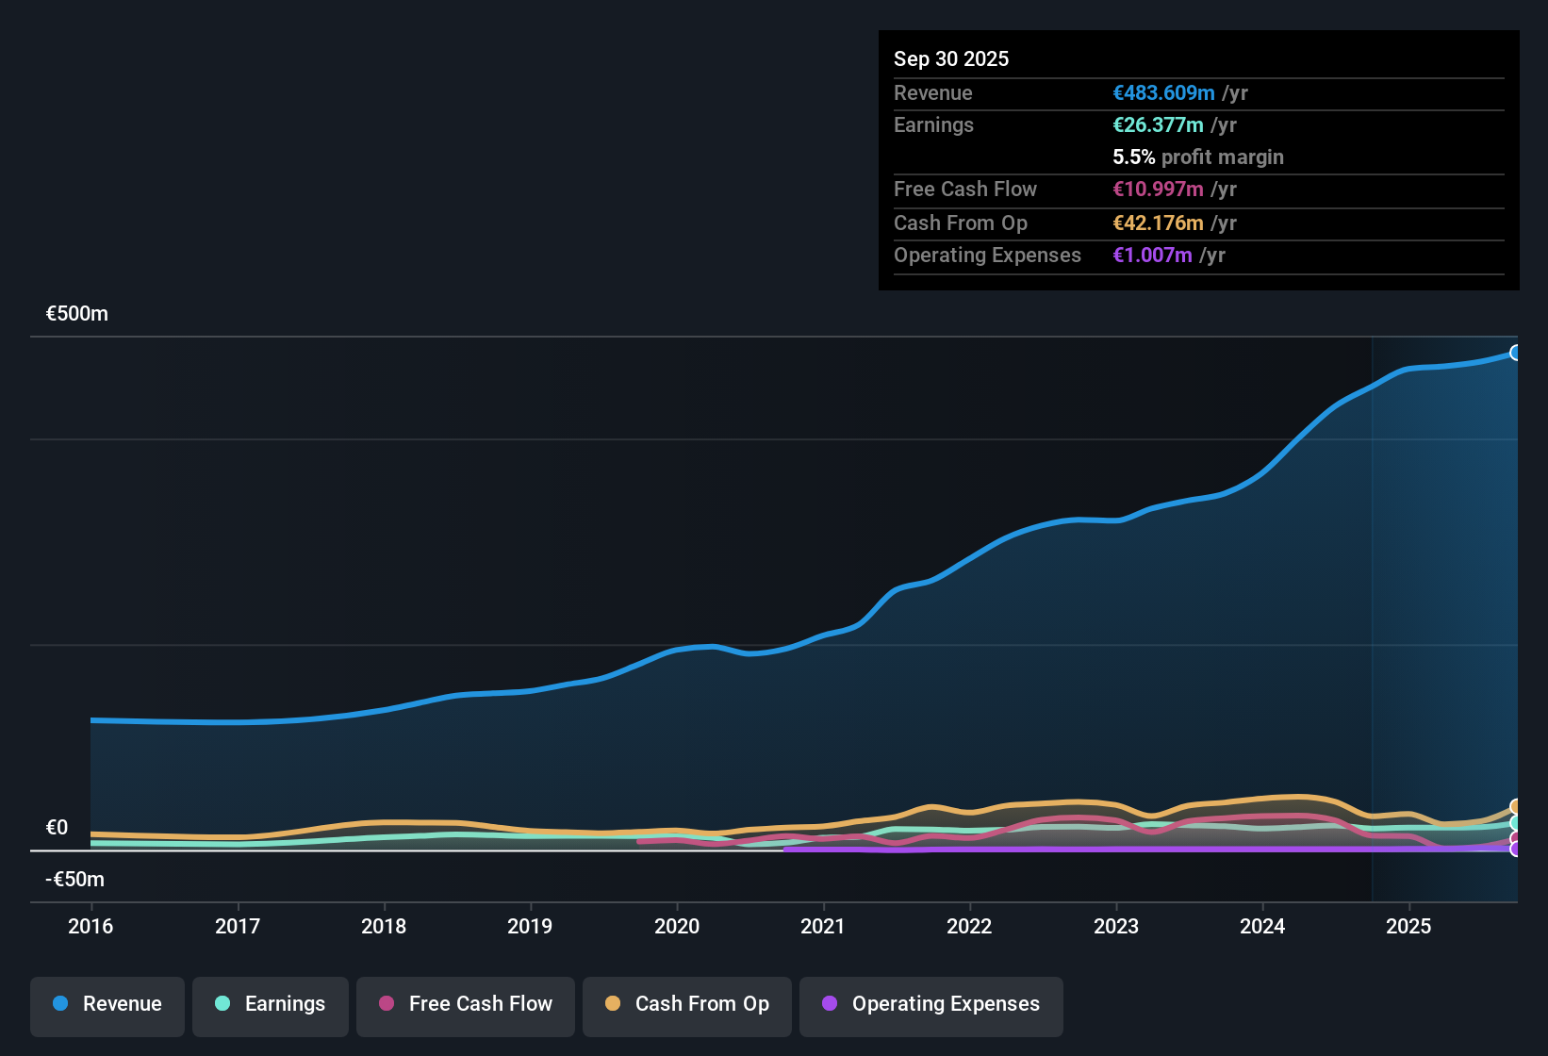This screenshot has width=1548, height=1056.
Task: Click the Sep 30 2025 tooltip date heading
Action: (950, 58)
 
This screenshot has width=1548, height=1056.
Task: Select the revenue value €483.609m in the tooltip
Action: (1163, 92)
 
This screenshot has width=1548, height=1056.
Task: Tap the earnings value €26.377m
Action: (1158, 124)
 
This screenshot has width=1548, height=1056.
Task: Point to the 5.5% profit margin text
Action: (1197, 157)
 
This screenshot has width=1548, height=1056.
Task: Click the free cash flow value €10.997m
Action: (1158, 189)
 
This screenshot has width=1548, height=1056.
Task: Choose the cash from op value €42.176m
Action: (1158, 223)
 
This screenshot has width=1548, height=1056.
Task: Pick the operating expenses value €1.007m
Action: (1152, 255)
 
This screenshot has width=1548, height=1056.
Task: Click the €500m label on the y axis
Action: (77, 313)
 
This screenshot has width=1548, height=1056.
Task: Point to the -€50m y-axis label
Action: (75, 879)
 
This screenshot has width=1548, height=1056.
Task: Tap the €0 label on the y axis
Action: (58, 827)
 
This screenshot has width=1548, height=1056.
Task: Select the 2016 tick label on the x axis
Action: (91, 926)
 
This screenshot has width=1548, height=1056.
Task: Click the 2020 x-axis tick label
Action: (677, 926)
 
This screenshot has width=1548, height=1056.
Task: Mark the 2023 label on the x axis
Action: (1116, 926)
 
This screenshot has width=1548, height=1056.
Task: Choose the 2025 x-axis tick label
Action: (1408, 926)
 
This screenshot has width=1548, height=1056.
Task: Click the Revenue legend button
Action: (107, 1004)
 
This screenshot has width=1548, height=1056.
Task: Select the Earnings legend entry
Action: (271, 1004)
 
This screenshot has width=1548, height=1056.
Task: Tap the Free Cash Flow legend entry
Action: (466, 1004)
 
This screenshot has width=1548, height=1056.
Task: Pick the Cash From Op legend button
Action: (687, 1004)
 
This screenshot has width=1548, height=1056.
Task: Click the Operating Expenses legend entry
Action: (931, 1004)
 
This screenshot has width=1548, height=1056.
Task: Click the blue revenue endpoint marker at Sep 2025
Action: (1515, 353)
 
